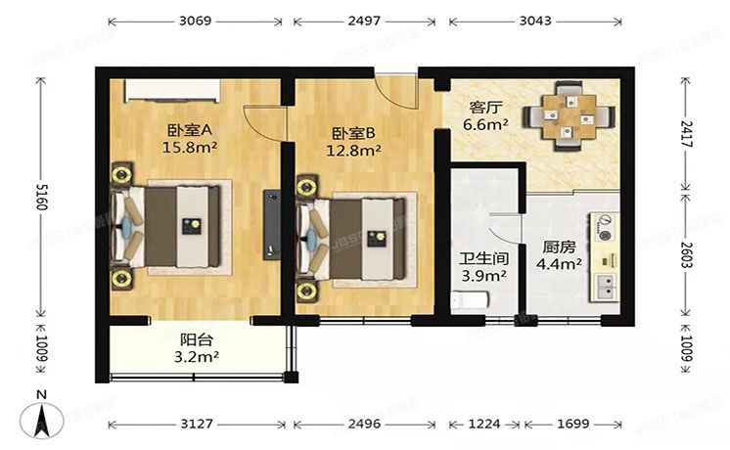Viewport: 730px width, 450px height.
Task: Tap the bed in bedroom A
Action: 176,226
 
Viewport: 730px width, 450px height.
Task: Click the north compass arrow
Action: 42,419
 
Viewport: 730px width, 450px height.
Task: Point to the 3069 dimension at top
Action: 196,20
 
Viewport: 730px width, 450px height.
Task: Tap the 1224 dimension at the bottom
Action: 484,425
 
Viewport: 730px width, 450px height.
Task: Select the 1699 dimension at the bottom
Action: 573,425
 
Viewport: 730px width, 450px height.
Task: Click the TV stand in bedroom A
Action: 268,225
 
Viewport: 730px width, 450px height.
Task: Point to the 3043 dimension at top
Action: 534,20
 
